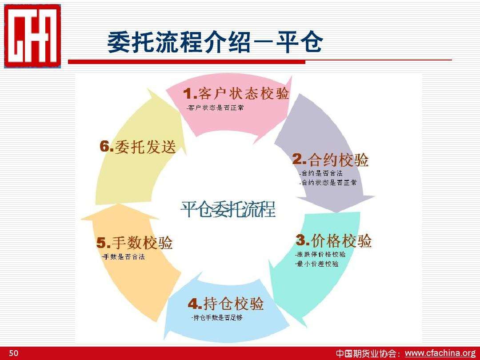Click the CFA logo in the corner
pyautogui.click(x=32, y=36)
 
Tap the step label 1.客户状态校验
pyautogui.click(x=236, y=94)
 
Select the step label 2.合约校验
pyautogui.click(x=330, y=160)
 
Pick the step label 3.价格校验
pyautogui.click(x=334, y=241)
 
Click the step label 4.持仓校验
pyautogui.click(x=226, y=304)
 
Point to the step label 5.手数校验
pyautogui.click(x=135, y=243)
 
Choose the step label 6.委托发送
pyautogui.click(x=137, y=147)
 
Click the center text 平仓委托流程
pyautogui.click(x=228, y=210)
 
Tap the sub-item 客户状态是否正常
pyautogui.click(x=215, y=108)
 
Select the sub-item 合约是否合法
pyautogui.click(x=320, y=173)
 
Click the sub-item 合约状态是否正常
pyautogui.click(x=328, y=183)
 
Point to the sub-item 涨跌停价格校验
pyautogui.click(x=320, y=255)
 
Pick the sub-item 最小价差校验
pyautogui.click(x=317, y=264)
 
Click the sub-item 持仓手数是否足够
pyautogui.click(x=217, y=318)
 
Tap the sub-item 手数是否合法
pyautogui.click(x=123, y=257)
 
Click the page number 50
pyautogui.click(x=14, y=353)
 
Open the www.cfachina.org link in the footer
pyautogui.click(x=440, y=353)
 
